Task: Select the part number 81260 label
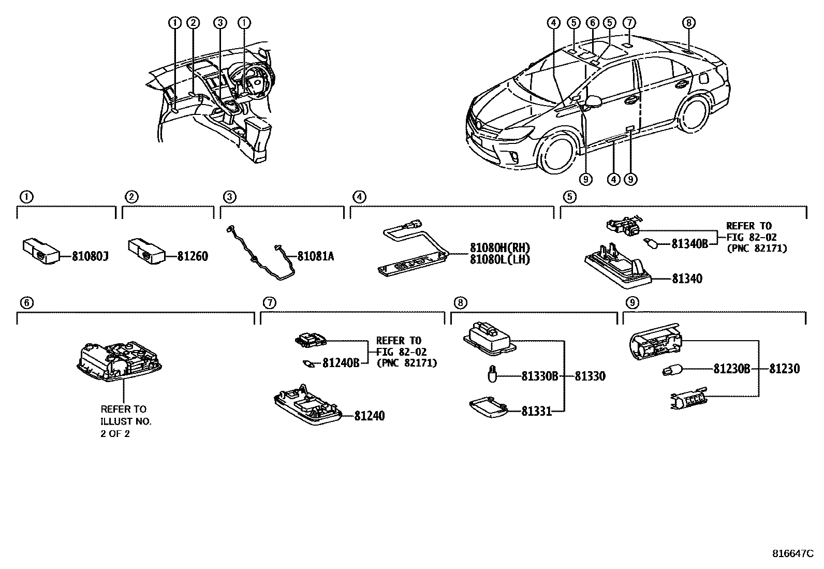pos(193,256)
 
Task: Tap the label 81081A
pos(315,256)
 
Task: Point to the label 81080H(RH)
pos(500,247)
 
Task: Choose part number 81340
pos(687,279)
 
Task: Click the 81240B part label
pos(341,363)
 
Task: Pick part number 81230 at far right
pos(784,369)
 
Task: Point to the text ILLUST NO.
pos(126,421)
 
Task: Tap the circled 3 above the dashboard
pos(220,22)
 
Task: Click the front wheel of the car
pos(556,154)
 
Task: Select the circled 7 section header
pos(269,302)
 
